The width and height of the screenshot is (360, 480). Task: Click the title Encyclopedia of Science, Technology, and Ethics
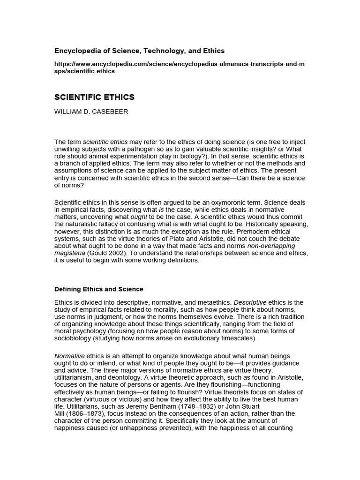[x=139, y=51]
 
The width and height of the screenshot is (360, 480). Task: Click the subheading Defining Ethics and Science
[x=99, y=289]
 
